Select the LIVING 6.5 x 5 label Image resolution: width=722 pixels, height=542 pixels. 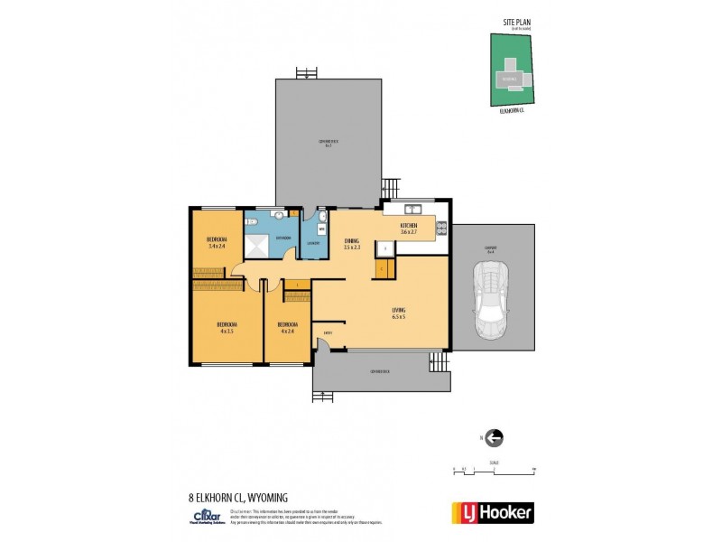coord(398,313)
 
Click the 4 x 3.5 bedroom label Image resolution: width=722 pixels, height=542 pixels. coord(226,327)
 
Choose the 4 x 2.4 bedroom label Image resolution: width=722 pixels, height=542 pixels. coord(288,327)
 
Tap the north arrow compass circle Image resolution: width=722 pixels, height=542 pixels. coord(494,438)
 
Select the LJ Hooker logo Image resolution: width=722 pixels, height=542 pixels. coord(492,512)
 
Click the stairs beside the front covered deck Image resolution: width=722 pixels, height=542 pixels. coord(439,361)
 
